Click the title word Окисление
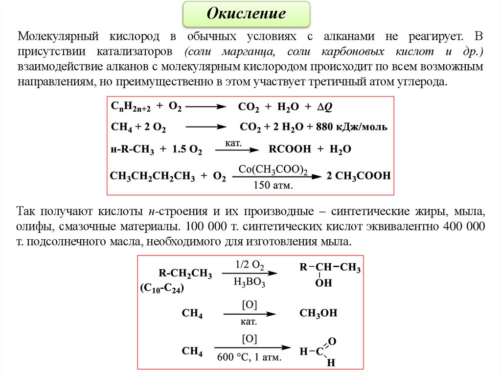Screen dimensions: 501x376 tap(246, 13)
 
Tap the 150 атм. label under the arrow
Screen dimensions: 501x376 tap(273, 185)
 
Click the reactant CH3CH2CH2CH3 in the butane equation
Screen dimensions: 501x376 tap(153, 176)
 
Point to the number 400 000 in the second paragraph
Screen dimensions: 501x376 tap(463, 227)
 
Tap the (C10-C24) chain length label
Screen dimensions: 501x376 tap(161, 288)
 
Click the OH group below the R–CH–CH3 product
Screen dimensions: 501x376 tap(323, 283)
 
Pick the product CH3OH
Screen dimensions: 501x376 tap(318, 313)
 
